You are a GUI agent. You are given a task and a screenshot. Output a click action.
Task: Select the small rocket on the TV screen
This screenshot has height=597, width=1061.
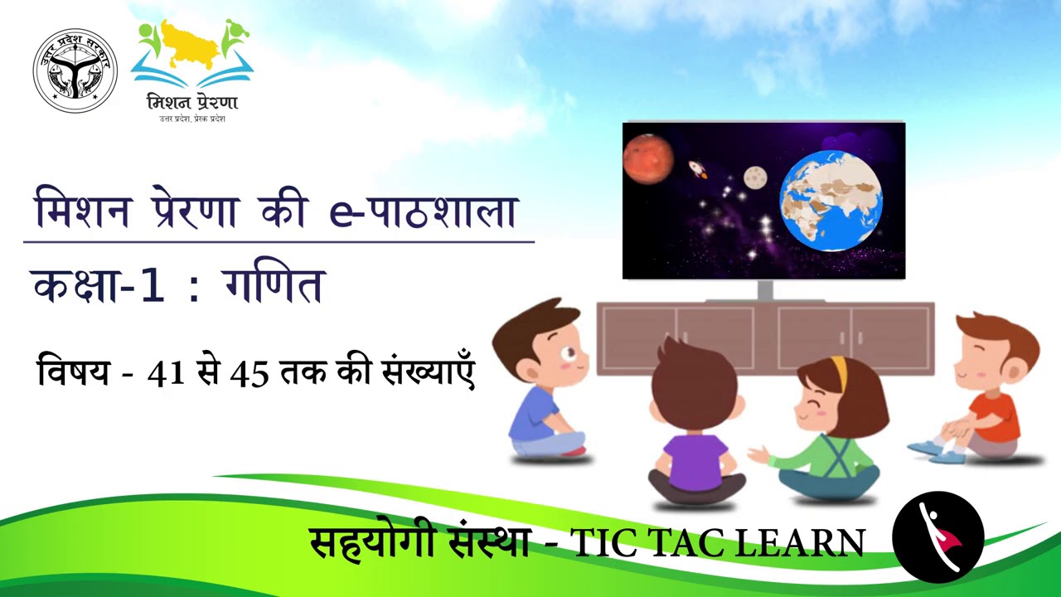tap(698, 169)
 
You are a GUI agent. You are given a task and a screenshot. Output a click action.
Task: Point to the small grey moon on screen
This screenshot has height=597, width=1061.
tap(754, 177)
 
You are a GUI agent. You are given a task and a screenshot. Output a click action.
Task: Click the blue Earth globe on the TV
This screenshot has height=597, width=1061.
tap(831, 200)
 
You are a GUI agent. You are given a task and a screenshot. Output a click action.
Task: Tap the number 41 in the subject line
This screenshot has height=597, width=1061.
tap(165, 374)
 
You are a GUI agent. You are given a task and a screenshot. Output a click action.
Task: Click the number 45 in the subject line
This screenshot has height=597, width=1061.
tap(250, 374)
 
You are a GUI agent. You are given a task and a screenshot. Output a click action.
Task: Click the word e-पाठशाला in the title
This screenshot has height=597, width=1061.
tap(423, 211)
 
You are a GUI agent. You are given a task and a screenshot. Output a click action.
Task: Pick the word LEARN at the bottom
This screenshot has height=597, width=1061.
tap(802, 543)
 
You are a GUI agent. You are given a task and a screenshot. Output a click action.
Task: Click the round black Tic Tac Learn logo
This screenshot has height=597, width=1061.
tap(937, 536)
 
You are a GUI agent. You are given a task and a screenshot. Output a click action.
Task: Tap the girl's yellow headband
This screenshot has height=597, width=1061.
tap(839, 373)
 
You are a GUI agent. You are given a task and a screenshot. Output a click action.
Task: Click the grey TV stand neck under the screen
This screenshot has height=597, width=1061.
tap(764, 289)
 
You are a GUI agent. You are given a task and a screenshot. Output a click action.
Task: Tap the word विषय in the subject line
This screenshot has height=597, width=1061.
tap(73, 372)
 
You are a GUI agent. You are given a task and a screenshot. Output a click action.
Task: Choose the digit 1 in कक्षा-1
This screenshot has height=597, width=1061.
tap(152, 286)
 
